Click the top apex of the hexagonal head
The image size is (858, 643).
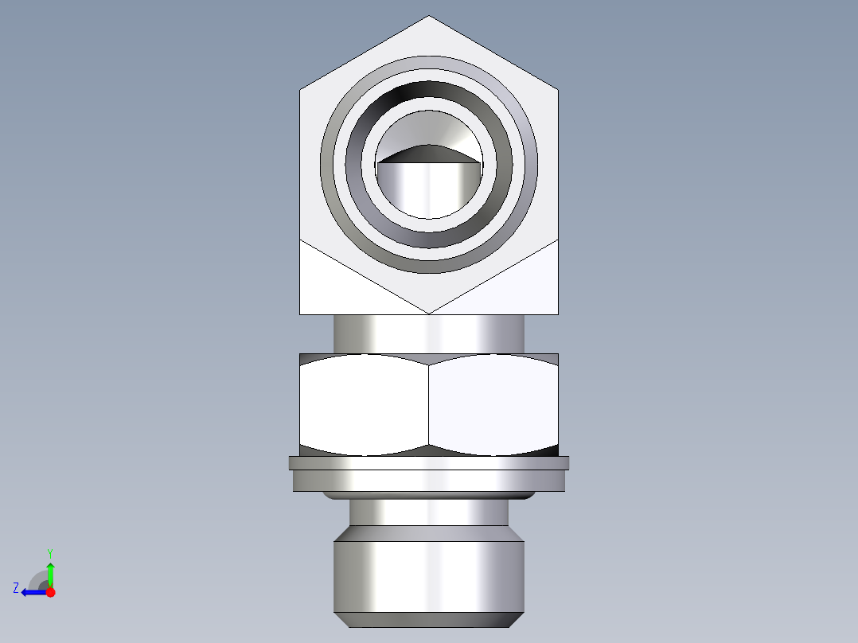pos(429,17)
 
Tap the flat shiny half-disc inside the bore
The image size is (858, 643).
pos(429,188)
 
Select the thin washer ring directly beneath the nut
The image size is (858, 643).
pos(429,462)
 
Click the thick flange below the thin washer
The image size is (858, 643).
pos(429,480)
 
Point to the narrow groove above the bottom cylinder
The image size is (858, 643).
pos(429,512)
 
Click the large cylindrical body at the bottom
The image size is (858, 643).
pos(429,576)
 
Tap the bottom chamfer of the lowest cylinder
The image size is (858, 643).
pos(429,619)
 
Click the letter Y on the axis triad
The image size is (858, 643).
pos(49,552)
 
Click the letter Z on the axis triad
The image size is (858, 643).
pos(16,588)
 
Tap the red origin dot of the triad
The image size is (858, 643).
pos(50,592)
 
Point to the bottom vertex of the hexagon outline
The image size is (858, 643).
pos(429,314)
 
